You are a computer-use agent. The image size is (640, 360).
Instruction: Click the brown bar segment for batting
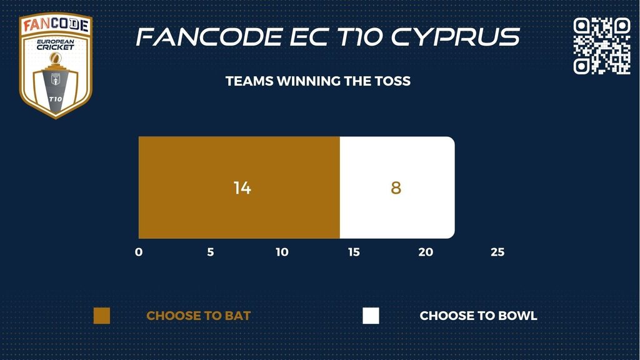[x=239, y=187]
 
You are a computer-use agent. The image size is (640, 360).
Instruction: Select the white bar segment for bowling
[x=397, y=187]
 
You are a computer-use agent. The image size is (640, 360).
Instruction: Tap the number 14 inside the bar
[x=242, y=187]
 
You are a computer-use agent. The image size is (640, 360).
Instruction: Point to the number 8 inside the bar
[x=396, y=187]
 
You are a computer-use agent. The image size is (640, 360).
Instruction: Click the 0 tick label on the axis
[x=139, y=252]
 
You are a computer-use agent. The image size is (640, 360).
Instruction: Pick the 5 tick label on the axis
[x=211, y=252]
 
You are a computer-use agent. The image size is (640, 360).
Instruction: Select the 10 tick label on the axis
[x=282, y=252]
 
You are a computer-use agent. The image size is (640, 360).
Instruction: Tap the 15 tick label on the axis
[x=354, y=252]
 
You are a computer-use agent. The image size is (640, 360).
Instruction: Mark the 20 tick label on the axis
[x=426, y=252]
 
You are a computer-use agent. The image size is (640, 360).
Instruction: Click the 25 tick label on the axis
[x=497, y=252]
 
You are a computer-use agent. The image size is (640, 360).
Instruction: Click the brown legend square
[x=102, y=316]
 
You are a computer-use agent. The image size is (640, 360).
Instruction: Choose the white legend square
[x=371, y=316]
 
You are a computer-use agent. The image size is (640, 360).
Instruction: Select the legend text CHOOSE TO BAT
[x=198, y=316]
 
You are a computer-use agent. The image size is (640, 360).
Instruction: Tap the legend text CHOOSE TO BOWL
[x=478, y=316]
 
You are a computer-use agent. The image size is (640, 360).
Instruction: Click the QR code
[x=602, y=46]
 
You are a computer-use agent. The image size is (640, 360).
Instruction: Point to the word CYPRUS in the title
[x=456, y=37]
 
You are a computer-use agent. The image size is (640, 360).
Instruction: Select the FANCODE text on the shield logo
[x=56, y=25]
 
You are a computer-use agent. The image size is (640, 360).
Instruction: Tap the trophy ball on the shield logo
[x=56, y=58]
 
